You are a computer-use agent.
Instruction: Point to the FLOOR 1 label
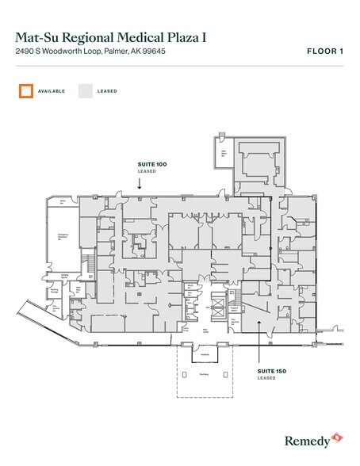click(x=324, y=52)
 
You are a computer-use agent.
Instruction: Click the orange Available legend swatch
click(x=27, y=91)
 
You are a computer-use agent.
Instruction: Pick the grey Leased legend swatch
click(x=85, y=91)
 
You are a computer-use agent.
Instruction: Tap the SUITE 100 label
click(x=152, y=163)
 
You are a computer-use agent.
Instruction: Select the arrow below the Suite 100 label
click(x=139, y=183)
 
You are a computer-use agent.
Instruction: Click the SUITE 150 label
click(x=272, y=371)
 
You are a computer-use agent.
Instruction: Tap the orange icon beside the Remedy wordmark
click(x=338, y=436)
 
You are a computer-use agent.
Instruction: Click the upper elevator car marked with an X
click(x=212, y=303)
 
